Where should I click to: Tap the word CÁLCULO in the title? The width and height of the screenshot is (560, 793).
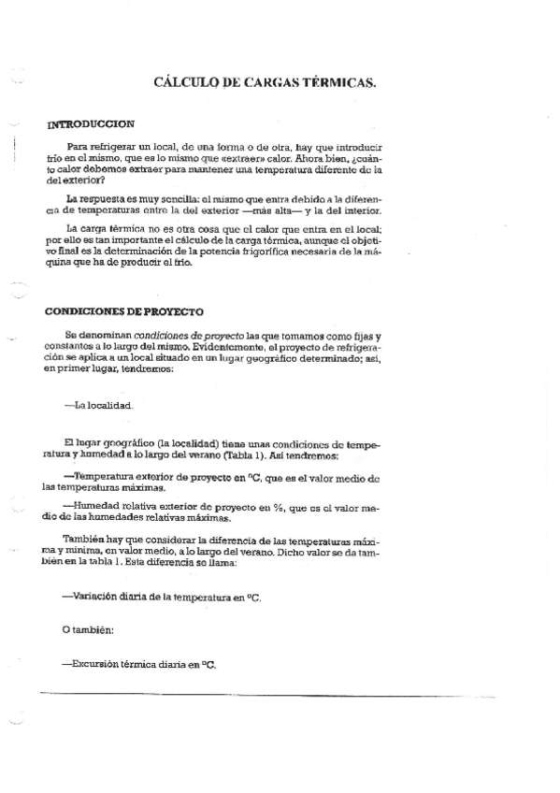point(185,83)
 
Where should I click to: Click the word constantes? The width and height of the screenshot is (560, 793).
point(68,345)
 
